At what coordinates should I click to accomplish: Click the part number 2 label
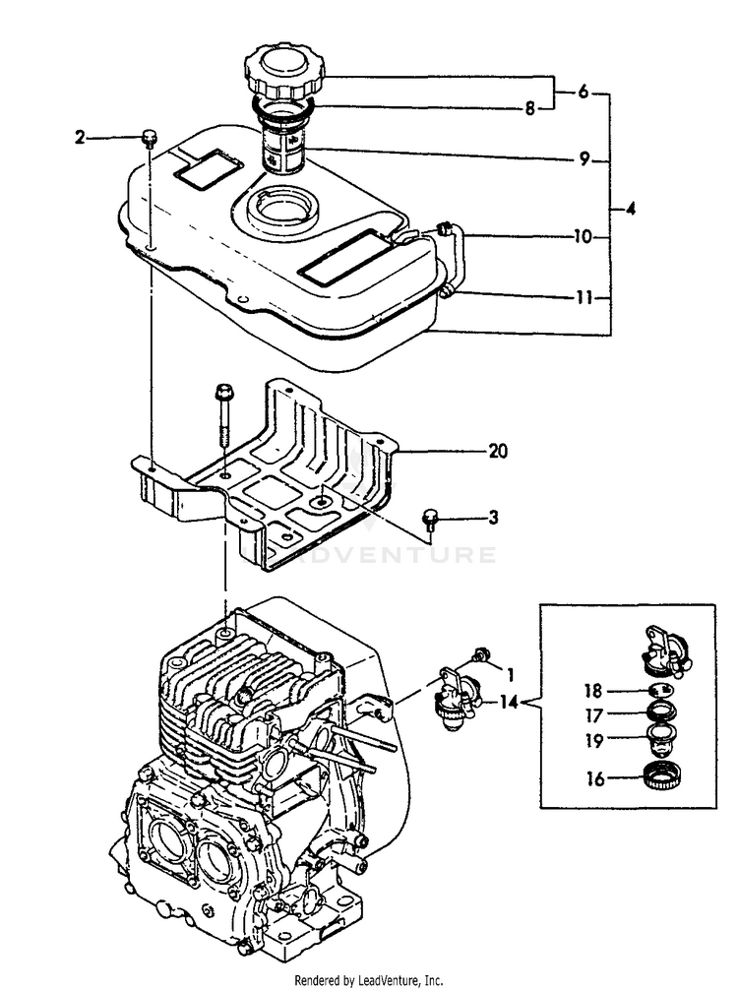80,138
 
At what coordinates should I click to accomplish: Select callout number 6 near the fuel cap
583,92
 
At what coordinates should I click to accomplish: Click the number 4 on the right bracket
630,209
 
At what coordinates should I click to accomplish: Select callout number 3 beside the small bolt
494,517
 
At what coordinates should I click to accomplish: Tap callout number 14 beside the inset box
510,702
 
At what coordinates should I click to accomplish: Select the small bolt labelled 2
149,137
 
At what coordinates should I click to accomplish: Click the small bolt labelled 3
430,517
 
